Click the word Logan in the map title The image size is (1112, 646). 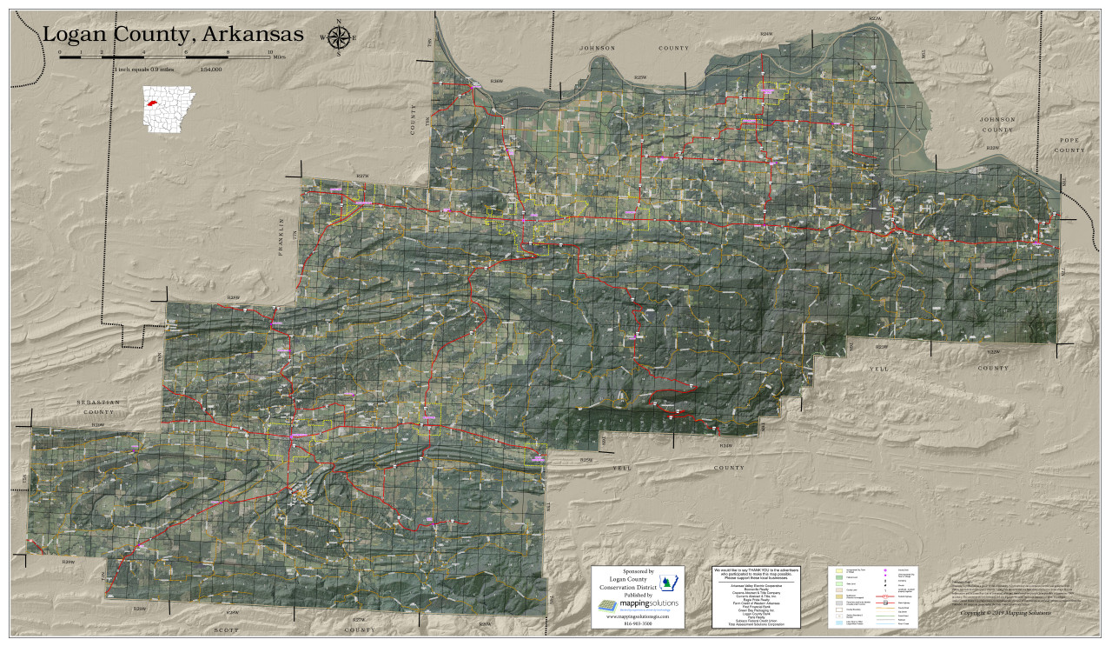click(x=79, y=34)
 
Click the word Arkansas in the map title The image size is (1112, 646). click(x=254, y=34)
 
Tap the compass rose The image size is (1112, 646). click(x=339, y=37)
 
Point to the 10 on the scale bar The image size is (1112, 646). click(x=270, y=52)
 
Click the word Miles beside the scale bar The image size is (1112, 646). click(x=279, y=58)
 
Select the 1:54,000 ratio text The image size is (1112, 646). click(x=210, y=69)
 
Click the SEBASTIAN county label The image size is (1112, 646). click(x=97, y=406)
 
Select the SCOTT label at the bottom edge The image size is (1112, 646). click(x=226, y=629)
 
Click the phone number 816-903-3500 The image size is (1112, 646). click(x=638, y=623)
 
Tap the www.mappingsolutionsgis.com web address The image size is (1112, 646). click(x=638, y=616)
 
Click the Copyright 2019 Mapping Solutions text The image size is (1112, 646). click(x=1005, y=612)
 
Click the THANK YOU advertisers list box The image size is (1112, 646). click(x=755, y=596)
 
